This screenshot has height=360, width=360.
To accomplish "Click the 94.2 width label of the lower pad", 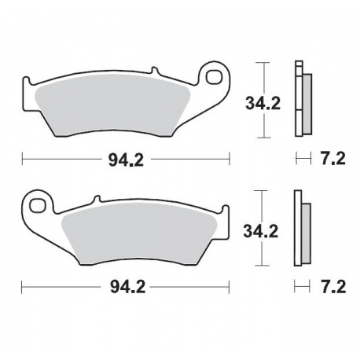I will [x=126, y=288].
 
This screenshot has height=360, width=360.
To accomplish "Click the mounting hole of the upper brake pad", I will [x=213, y=76].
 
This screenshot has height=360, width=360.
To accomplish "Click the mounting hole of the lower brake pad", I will [x=36, y=206].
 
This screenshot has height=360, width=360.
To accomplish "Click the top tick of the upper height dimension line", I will [x=264, y=61].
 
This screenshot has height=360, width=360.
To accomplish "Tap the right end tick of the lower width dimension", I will [x=229, y=288].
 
